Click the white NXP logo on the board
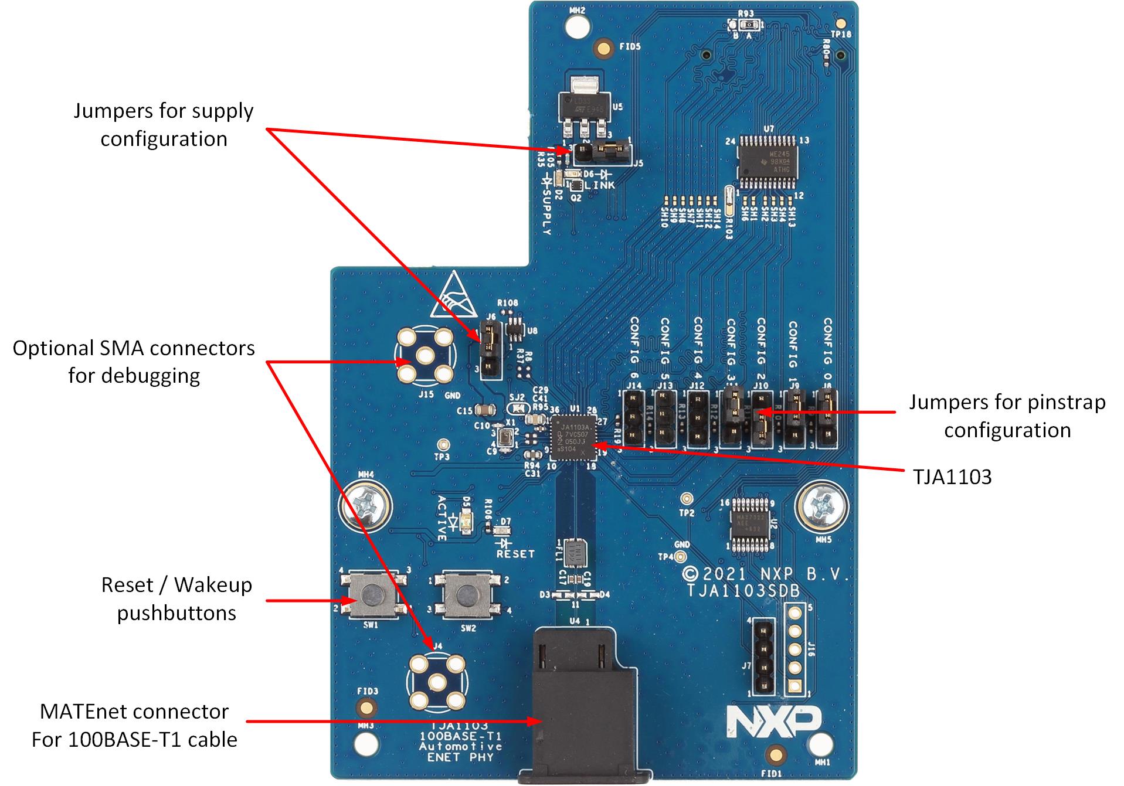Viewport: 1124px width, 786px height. pos(774,721)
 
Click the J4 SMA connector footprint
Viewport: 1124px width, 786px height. pos(436,681)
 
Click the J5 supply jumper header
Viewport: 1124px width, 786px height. pos(600,152)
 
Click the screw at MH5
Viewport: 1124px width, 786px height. pos(821,504)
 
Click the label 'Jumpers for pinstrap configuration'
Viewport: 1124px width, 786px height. pos(1007,416)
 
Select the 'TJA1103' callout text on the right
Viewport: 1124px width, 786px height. pos(952,477)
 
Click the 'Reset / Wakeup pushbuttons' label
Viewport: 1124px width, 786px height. pos(176,598)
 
